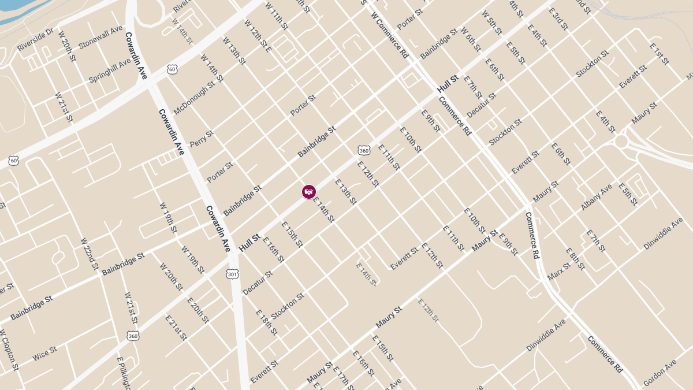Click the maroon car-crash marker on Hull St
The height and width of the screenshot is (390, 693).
309,192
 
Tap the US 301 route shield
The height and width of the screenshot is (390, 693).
232,273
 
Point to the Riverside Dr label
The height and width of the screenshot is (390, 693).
35,39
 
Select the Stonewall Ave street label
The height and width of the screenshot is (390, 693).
100,36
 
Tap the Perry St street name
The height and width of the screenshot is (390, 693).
202,138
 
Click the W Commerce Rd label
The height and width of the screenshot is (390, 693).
390,35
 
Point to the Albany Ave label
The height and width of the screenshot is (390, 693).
597,197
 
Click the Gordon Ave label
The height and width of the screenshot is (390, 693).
660,374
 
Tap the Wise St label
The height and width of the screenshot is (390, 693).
44,354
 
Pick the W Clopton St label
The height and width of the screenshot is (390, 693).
10,350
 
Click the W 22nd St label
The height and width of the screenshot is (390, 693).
90,254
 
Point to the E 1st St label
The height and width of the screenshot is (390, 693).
659,54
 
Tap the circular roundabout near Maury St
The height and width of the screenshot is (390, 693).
621,141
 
